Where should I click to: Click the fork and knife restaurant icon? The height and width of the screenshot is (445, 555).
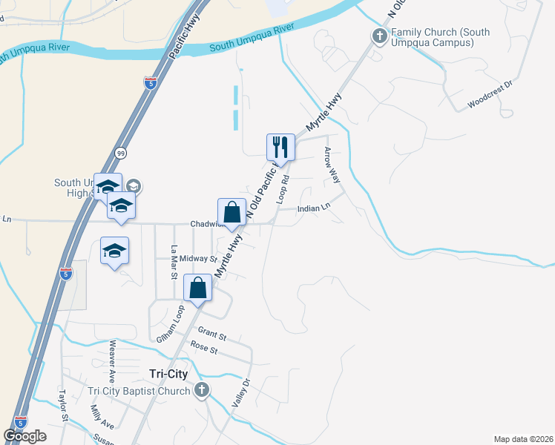point(280,145)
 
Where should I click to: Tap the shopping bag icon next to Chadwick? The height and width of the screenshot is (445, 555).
point(231,211)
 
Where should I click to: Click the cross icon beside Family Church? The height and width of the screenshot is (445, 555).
point(380,36)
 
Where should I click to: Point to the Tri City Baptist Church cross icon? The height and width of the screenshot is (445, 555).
point(201,391)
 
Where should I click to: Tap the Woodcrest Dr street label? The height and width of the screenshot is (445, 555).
point(490,95)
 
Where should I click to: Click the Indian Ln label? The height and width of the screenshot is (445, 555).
point(313,209)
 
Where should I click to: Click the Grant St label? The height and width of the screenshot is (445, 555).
point(212,336)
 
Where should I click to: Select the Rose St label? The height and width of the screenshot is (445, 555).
point(203,347)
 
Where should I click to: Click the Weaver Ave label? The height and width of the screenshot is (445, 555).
point(114,356)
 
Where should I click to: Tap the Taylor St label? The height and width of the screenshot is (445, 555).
point(64,405)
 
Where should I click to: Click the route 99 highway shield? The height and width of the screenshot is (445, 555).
point(120,153)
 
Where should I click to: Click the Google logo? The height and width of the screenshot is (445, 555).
point(24,435)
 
